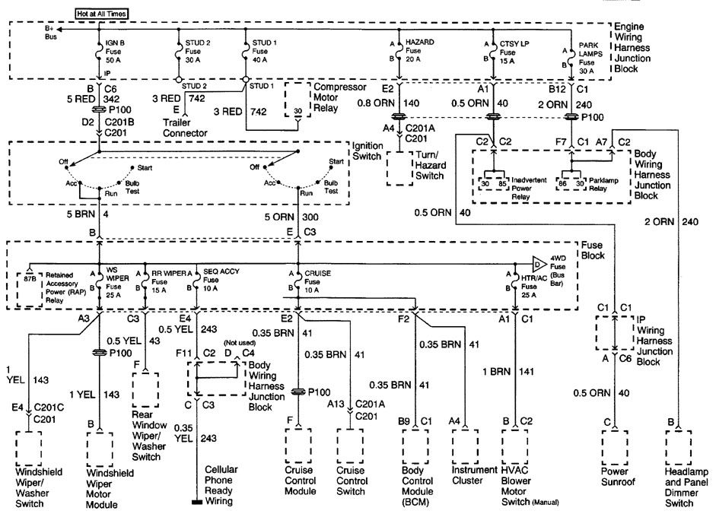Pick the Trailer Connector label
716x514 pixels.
pyautogui.click(x=186, y=128)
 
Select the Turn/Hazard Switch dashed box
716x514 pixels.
pyautogui.click(x=405, y=167)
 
